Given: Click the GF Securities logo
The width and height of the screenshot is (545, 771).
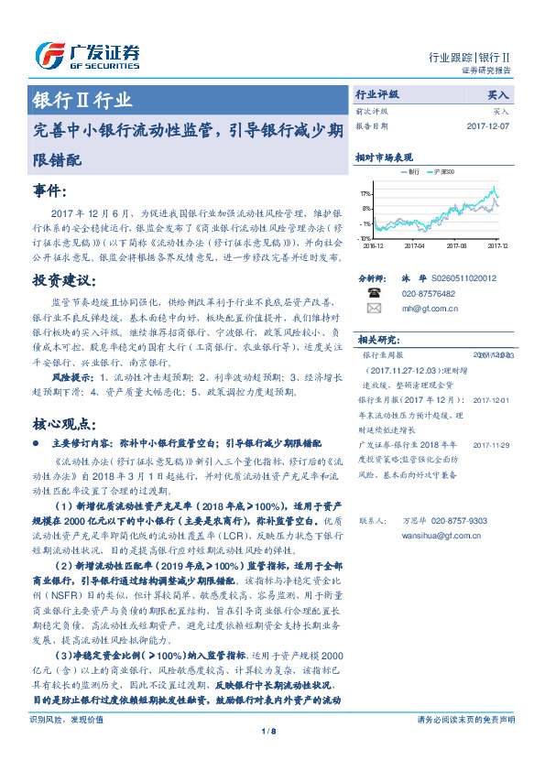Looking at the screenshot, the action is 87,55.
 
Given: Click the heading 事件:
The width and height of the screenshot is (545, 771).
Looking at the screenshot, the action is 49,190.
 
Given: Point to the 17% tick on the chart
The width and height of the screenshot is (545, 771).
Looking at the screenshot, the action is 365,194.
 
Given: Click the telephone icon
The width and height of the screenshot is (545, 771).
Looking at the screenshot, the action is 374,293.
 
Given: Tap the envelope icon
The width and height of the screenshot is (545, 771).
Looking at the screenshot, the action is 374,309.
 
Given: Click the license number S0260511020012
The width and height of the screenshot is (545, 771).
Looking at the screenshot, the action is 463,277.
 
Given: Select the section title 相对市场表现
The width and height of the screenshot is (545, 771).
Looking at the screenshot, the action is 384,157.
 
